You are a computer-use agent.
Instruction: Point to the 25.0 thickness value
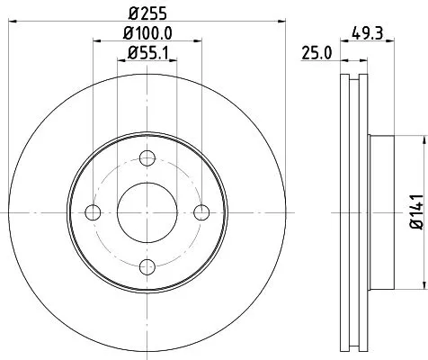click(x=317, y=53)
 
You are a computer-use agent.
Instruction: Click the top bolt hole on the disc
click(x=147, y=159)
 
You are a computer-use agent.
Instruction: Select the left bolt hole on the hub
click(x=92, y=212)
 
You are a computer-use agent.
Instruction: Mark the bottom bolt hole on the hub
click(x=147, y=267)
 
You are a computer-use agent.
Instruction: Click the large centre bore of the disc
click(x=147, y=212)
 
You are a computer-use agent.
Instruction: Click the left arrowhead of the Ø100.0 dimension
click(x=96, y=43)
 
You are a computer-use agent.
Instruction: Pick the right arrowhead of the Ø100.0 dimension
click(x=197, y=43)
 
